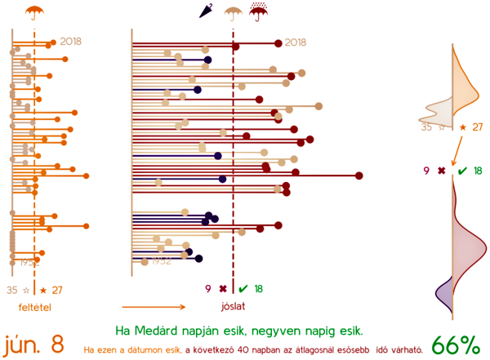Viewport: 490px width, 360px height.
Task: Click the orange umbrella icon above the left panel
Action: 34,12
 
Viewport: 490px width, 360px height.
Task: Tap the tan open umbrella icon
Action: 234,12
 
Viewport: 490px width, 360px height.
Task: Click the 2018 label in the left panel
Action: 71,41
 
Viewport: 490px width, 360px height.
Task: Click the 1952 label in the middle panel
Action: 161,261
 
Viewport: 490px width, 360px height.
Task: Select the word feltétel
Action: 34,306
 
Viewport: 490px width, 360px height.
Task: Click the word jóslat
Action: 234,306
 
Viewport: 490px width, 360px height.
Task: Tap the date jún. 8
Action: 33,344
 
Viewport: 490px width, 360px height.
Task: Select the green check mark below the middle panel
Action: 243,288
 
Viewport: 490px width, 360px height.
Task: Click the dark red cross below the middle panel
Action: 222,288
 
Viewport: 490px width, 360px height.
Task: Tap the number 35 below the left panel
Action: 12,290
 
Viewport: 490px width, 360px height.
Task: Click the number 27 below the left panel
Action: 56,290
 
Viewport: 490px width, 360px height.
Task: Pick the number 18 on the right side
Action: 478,171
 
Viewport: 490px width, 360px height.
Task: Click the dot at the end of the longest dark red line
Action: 359,176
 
